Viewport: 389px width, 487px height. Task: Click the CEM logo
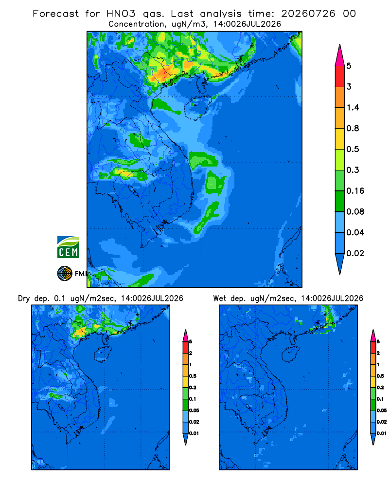click(68, 247)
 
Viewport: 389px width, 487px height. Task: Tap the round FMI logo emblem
click(65, 274)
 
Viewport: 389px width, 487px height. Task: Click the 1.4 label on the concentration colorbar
click(353, 108)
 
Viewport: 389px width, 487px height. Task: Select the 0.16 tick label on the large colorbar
click(355, 191)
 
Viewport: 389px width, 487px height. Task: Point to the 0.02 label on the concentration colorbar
click(355, 253)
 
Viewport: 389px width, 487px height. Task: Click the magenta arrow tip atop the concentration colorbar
click(340, 56)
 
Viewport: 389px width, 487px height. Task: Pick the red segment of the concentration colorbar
click(340, 76)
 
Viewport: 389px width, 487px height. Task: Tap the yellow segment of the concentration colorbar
click(340, 139)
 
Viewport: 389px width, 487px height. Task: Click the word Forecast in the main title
click(56, 14)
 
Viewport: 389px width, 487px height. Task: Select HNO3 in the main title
click(121, 14)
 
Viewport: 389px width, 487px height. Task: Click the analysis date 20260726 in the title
click(308, 14)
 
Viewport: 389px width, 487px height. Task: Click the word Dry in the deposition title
click(24, 299)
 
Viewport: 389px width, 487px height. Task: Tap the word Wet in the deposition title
click(220, 299)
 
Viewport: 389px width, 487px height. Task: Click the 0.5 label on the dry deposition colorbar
click(193, 376)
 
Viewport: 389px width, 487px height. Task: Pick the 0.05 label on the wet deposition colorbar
click(382, 410)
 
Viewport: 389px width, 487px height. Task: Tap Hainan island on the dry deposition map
click(103, 354)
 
